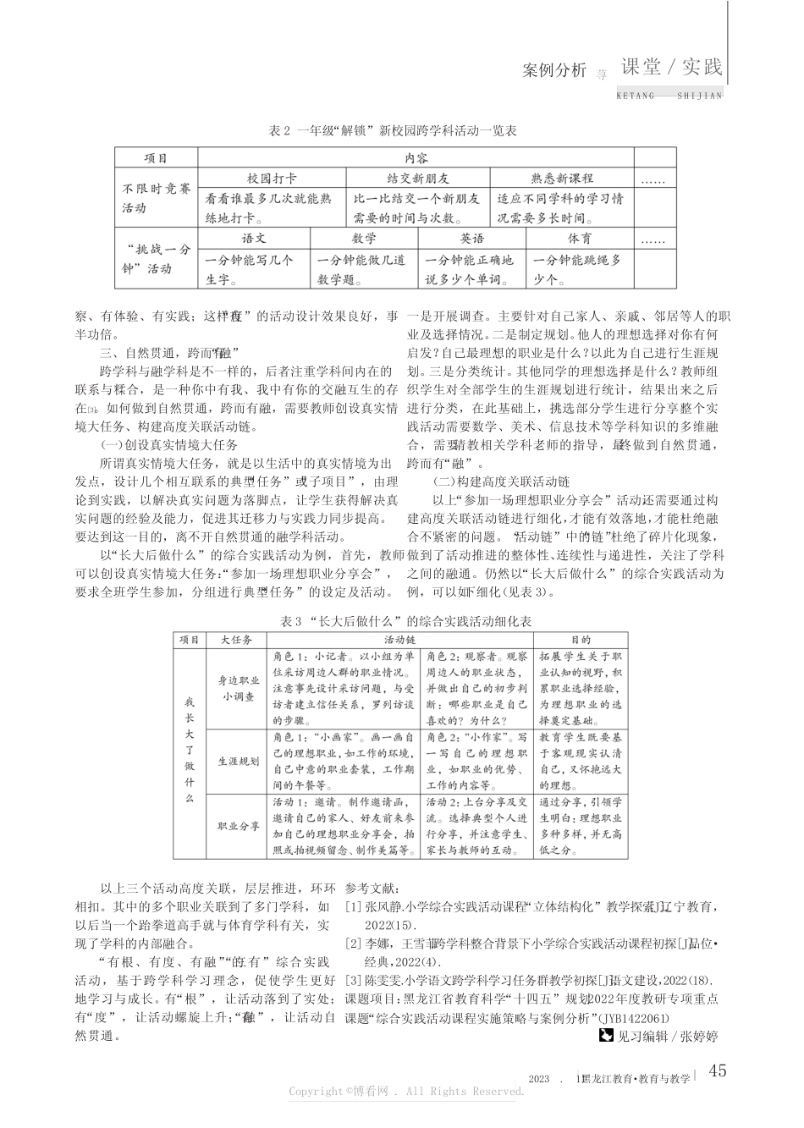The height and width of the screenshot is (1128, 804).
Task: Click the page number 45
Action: pos(716,1070)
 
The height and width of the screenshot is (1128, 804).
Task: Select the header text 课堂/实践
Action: pos(672,68)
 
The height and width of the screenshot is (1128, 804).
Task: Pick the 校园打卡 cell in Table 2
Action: pos(272,179)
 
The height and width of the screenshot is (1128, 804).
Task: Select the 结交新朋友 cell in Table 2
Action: pos(417,179)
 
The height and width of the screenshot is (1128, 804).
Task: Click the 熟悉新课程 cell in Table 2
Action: pos(561,179)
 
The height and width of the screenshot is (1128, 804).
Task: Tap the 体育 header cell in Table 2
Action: pos(580,239)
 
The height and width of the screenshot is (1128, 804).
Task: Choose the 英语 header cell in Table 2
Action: pos(472,239)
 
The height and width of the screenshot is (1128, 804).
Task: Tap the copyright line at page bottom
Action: pos(406,1092)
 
